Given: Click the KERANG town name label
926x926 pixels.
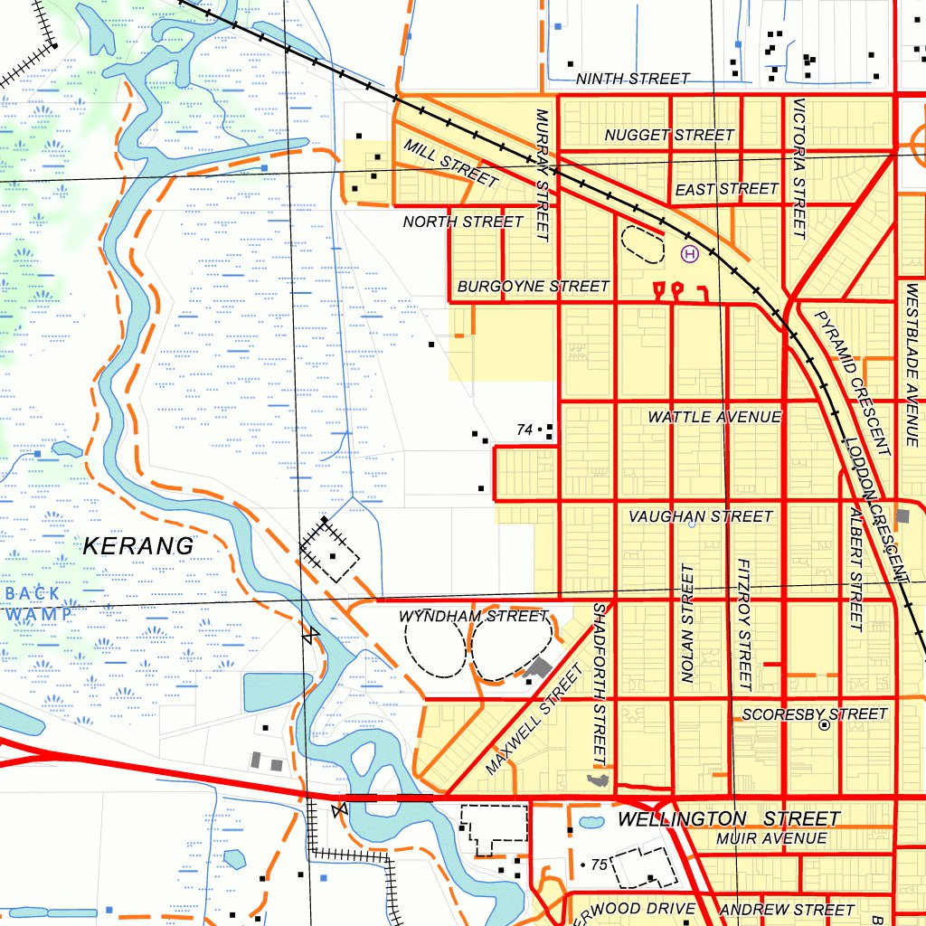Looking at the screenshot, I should (x=138, y=546).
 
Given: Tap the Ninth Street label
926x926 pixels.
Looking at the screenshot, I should (x=633, y=79).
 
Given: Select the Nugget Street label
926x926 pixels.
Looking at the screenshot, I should (x=669, y=135).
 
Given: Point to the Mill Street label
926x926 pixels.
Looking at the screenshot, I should (x=451, y=164).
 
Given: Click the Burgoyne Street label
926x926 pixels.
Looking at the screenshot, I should (x=534, y=286).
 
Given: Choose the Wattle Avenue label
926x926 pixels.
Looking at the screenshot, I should (x=714, y=417).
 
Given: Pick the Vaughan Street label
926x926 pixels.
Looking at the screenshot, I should (x=701, y=516).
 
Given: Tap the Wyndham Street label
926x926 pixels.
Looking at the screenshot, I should (x=474, y=617).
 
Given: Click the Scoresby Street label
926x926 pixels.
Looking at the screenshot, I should (x=814, y=714).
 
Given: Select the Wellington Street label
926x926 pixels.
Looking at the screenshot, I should (x=729, y=819).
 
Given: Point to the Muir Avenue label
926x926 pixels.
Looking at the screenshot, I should (x=770, y=839).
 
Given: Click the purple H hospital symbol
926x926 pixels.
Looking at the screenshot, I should (x=690, y=255).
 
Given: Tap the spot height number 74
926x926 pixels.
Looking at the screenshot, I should (x=524, y=430).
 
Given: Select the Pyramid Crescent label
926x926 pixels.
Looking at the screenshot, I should (x=853, y=383).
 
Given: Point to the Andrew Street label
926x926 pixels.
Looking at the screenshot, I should (x=787, y=909).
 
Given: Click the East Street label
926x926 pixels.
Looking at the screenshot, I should (x=726, y=189).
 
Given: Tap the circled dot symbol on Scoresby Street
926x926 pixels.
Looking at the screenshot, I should (x=824, y=725).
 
